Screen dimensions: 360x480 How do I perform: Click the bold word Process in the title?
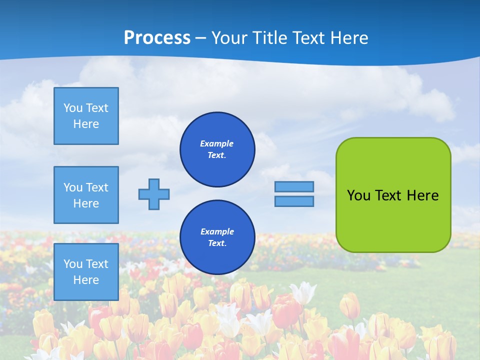(x=157, y=38)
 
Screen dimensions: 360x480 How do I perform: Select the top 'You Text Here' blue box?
(x=86, y=116)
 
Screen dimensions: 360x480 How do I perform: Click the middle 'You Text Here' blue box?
(x=86, y=195)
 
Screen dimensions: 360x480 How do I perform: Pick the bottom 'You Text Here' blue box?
(x=86, y=272)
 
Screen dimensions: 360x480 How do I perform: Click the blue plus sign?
(x=153, y=194)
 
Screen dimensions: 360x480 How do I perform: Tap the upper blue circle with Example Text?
(x=217, y=149)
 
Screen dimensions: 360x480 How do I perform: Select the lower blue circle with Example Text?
(x=217, y=237)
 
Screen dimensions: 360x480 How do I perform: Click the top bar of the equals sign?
(x=294, y=186)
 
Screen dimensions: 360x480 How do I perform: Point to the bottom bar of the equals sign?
(x=294, y=201)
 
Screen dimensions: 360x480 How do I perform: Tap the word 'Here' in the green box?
(x=422, y=195)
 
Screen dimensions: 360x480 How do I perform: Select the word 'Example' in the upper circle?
(x=217, y=143)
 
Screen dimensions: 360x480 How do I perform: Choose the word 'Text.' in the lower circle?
(x=217, y=243)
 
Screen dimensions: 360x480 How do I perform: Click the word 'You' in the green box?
(x=358, y=195)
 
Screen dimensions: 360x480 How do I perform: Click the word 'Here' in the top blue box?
(x=86, y=124)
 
